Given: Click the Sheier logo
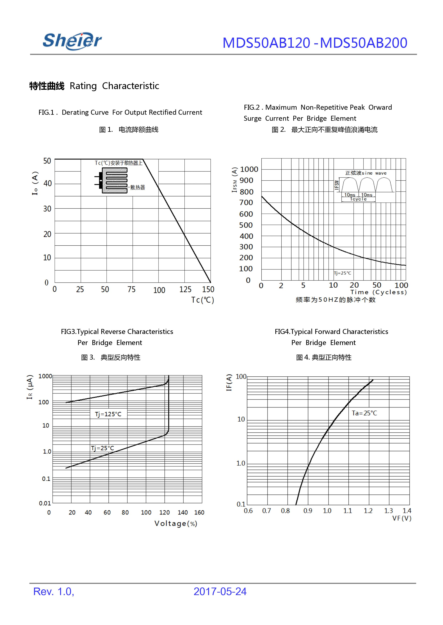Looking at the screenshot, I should [72, 41].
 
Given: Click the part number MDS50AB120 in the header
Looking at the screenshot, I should [266, 43].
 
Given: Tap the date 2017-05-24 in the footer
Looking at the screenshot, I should [220, 592].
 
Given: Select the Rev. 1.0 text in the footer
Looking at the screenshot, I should [54, 592].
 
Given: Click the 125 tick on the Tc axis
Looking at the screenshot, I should [185, 289].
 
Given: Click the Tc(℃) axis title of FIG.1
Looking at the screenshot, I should [202, 300].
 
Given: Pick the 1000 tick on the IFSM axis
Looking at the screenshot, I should [249, 169].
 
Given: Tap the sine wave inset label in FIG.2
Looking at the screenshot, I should [366, 173].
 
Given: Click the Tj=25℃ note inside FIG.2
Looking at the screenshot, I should [343, 273].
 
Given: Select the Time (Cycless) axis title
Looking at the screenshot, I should [378, 292].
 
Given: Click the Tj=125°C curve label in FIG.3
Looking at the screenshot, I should [108, 414].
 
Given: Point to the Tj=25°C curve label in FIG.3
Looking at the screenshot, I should [102, 448].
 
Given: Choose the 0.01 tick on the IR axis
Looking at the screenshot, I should [45, 503].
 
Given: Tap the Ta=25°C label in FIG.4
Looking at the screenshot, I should [364, 413].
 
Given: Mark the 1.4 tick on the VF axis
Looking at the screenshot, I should [407, 511].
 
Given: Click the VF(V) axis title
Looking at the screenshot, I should [402, 518].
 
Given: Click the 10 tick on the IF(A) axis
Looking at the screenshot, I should [241, 419].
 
